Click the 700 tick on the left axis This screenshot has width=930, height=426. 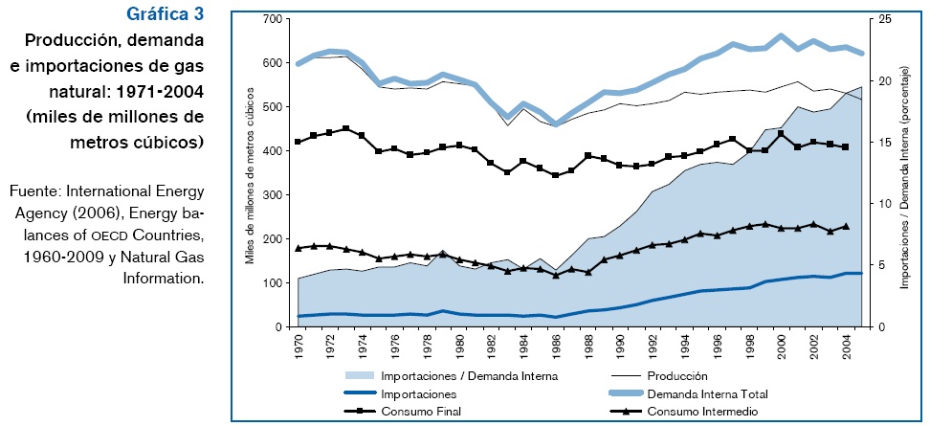[271, 19]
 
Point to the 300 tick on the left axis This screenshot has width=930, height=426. [271, 195]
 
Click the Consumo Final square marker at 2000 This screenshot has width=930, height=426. [781, 133]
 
